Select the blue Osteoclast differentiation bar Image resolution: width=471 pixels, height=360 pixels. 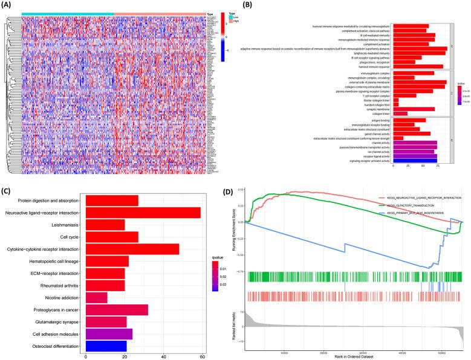106,346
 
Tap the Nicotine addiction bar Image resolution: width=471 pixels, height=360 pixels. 97,298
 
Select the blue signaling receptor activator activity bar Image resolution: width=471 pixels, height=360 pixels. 415,161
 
